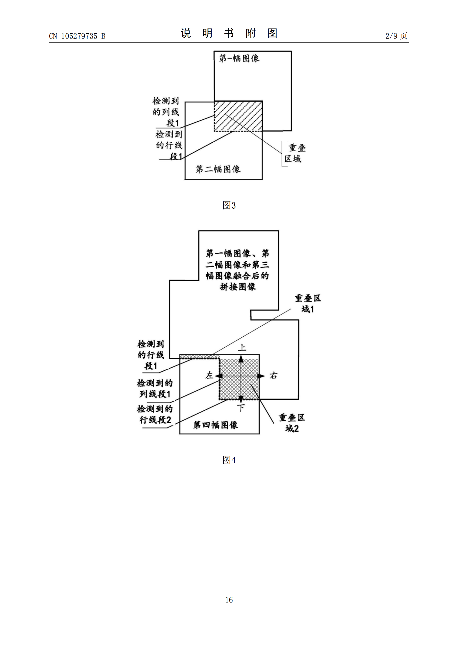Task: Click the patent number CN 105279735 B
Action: coord(77,36)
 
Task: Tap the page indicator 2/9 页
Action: coord(396,36)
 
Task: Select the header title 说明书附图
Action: coord(229,33)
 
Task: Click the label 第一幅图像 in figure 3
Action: coord(239,58)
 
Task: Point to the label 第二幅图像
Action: coord(218,169)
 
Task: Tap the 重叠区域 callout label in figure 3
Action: coord(295,153)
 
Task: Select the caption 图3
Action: coord(229,205)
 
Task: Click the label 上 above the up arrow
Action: coord(242,347)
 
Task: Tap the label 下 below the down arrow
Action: coord(241,408)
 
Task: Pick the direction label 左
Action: coord(209,376)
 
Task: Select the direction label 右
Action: coord(273,376)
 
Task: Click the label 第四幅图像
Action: coord(216,425)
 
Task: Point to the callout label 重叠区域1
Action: coord(308,304)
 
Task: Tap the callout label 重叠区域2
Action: coord(292,423)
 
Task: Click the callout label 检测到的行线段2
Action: coord(155,414)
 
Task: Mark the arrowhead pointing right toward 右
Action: coord(262,376)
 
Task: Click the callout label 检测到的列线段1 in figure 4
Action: coord(155,388)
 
